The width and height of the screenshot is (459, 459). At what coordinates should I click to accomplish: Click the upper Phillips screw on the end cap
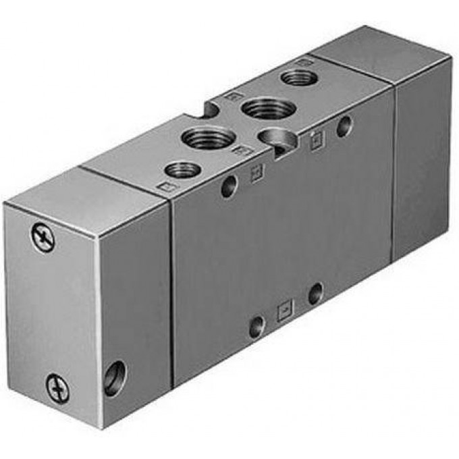point(43,238)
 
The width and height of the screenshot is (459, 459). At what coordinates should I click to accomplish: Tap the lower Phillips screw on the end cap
point(57,389)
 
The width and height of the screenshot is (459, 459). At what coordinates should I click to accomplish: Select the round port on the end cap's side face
point(114,377)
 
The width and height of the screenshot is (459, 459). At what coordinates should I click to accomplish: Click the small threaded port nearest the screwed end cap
point(182,169)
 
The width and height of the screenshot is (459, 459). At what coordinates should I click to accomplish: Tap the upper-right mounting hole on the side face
point(344,126)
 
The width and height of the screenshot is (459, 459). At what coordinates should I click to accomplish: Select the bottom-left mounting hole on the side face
point(256,327)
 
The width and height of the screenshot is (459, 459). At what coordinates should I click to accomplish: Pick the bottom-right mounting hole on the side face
point(315,294)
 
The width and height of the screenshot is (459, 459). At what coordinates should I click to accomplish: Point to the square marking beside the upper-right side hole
point(315,140)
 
